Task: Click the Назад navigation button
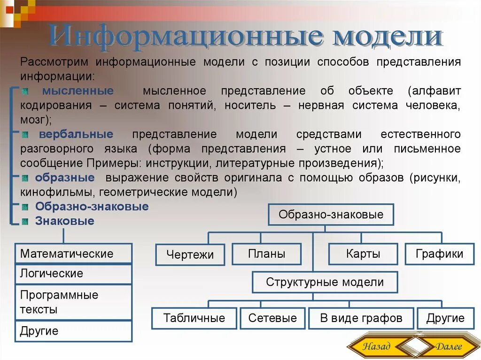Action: coord(376,346)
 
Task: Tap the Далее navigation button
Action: coord(448,346)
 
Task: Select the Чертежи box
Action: coord(190,255)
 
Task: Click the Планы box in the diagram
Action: coord(266,254)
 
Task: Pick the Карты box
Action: coord(363,254)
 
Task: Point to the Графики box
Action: coord(439,254)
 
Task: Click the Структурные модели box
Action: coord(325,282)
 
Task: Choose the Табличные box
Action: coord(194,318)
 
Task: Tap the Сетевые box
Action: coord(272,318)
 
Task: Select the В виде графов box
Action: coord(361,318)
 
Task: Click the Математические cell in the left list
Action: coord(74,253)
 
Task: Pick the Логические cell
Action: coord(74,274)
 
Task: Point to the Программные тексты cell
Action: coord(74,302)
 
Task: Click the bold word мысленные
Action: coord(78,91)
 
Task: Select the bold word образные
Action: coord(65,178)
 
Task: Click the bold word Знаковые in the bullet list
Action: coord(64,221)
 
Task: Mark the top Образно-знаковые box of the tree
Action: coord(331,214)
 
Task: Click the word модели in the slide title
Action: coord(388,38)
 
